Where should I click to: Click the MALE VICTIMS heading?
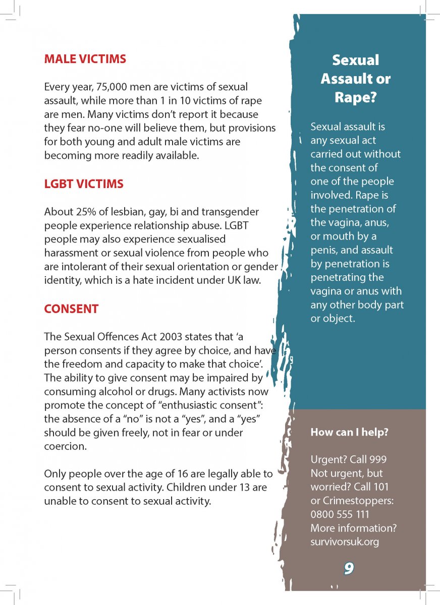coord(85,59)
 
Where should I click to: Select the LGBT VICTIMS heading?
coord(84,184)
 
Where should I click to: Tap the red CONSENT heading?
coord(71,309)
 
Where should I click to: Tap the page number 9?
coord(349,569)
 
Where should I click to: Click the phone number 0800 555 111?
coord(340,515)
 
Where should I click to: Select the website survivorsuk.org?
coord(345,542)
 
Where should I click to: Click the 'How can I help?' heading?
coord(349,432)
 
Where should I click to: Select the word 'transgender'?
coord(233,212)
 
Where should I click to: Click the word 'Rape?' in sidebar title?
coord(355,97)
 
